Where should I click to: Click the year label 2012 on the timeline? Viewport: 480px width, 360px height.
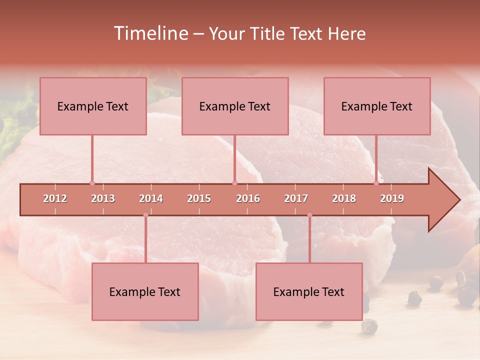(55, 198)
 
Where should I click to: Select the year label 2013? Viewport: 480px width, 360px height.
(103, 198)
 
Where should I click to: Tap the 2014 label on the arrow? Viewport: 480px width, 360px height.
(151, 198)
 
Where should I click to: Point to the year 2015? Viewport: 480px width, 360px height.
(199, 198)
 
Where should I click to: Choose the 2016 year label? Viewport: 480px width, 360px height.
(248, 198)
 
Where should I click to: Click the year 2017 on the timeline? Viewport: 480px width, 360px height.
(296, 198)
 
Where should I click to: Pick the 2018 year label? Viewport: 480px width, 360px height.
(344, 198)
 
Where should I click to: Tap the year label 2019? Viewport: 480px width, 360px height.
(392, 198)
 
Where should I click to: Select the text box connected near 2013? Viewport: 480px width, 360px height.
(93, 106)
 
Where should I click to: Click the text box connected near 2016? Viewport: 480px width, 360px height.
(235, 106)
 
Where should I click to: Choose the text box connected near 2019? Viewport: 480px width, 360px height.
(377, 106)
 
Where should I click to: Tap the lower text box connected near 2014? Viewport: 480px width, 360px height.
(145, 291)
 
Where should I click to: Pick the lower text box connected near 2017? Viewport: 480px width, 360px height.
(309, 291)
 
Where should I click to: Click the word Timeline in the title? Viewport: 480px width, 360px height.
(149, 33)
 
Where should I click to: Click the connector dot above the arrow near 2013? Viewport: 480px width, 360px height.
(92, 183)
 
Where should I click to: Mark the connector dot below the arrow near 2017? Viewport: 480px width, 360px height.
(309, 215)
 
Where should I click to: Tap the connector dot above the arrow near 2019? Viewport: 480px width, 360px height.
(376, 183)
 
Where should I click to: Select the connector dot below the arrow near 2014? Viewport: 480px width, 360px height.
(145, 215)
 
